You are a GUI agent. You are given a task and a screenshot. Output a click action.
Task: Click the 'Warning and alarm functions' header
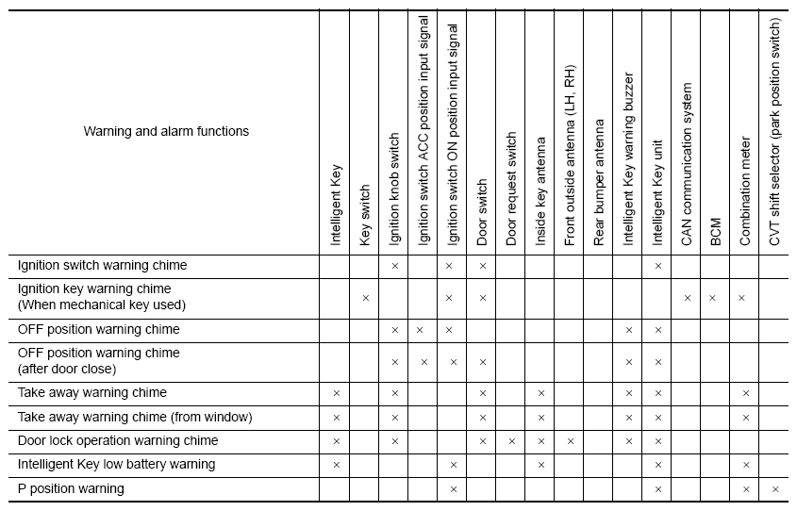166,131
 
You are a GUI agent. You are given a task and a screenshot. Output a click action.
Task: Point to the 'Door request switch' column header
511,190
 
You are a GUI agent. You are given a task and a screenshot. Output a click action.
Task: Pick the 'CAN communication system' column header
687,165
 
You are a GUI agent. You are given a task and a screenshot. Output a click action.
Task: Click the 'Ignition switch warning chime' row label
102,266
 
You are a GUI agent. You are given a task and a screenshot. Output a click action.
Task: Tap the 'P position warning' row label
71,488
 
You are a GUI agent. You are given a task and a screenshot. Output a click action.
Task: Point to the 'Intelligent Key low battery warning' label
116,464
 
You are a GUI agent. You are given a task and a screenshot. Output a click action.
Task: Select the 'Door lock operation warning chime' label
118,440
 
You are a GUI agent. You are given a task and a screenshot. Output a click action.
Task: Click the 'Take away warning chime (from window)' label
135,417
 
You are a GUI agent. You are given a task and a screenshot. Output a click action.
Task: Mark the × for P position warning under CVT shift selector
774,489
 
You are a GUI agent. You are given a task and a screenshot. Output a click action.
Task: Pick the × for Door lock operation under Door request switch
511,441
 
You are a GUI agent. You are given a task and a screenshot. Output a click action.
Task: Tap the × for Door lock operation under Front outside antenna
570,441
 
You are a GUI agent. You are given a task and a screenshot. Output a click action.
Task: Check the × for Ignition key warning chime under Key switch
365,298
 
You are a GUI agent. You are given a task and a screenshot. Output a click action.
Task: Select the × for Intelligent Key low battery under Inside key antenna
540,465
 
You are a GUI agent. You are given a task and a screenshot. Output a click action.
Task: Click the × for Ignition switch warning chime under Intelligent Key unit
657,267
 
